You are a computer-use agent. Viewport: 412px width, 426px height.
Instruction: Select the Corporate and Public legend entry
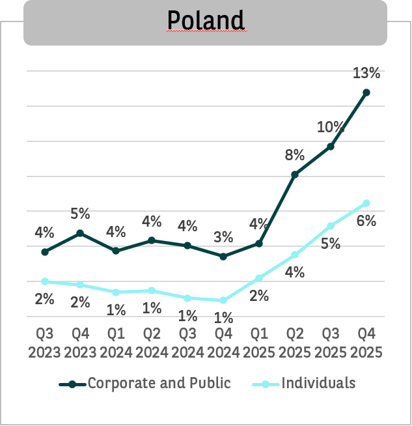point(159,383)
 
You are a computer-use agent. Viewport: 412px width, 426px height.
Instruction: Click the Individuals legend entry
point(318,383)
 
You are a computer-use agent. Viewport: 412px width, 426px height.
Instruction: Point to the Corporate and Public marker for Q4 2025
point(366,92)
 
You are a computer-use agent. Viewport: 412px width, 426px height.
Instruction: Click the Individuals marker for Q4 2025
point(366,203)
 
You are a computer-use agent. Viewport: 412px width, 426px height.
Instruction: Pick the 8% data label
point(295,155)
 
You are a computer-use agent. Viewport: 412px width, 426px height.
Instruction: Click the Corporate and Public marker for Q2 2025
point(295,175)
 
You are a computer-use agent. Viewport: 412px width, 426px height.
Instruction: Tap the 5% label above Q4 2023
point(80,214)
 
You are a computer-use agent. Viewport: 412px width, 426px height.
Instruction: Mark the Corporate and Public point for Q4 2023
point(80,233)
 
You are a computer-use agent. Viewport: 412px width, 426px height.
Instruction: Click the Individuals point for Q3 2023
point(44,281)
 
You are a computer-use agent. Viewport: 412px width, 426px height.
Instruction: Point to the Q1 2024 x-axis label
point(116,343)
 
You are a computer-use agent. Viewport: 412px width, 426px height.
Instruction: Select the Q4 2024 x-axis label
point(223,343)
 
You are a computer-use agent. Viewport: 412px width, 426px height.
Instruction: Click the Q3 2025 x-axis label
point(331,343)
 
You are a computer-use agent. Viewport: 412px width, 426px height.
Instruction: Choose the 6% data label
point(366,221)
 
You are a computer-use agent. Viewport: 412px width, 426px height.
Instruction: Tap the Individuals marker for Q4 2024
point(223,300)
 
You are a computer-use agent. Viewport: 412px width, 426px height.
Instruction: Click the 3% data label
point(223,236)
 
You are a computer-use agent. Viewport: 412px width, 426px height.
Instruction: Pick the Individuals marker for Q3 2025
point(331,226)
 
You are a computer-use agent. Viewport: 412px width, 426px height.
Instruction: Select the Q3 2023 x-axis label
point(44,343)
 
